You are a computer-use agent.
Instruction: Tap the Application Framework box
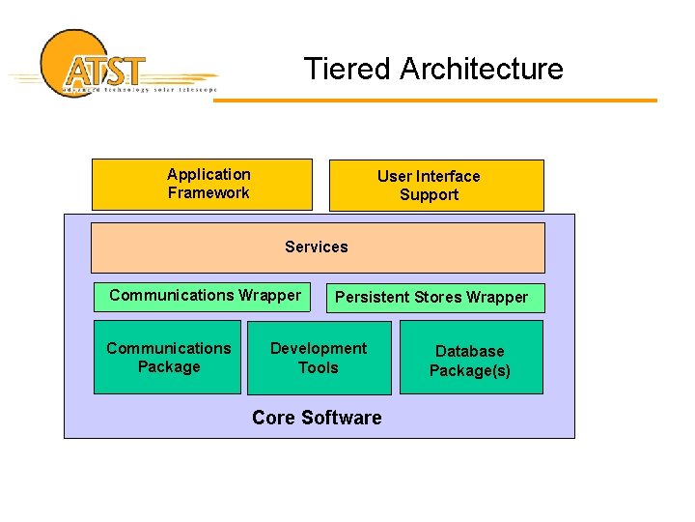click(202, 184)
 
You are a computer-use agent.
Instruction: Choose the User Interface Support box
click(436, 185)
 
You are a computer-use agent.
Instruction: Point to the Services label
click(317, 246)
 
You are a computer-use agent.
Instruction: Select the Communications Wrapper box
click(203, 296)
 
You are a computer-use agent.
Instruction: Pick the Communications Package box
click(167, 357)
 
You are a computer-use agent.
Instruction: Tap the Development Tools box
click(319, 358)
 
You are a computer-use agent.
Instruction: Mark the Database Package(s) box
click(471, 360)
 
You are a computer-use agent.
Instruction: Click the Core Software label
click(317, 418)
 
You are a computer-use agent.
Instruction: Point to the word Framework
click(208, 192)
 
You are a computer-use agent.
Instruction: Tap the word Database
click(470, 351)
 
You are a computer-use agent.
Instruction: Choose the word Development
click(319, 348)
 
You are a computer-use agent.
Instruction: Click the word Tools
click(319, 367)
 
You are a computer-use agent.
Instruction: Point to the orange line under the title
click(434, 100)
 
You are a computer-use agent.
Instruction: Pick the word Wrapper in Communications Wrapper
click(269, 295)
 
